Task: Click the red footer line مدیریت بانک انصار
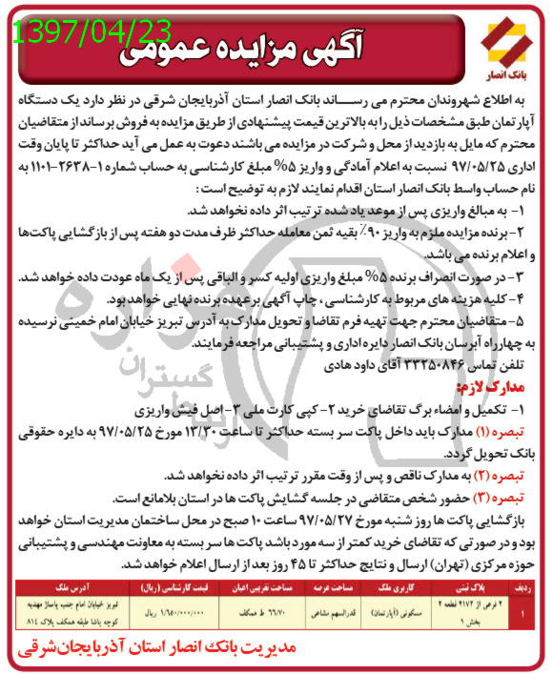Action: coord(276,653)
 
